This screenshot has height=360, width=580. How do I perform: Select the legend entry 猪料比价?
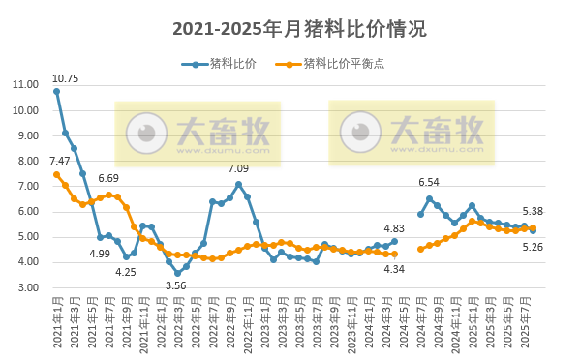(x=225, y=64)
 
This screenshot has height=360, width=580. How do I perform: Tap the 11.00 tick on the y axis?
(x=26, y=84)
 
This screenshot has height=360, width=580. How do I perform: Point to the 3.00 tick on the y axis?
(x=29, y=287)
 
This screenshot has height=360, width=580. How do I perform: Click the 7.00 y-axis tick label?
(x=29, y=186)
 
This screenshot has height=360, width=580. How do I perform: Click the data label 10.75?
(x=65, y=77)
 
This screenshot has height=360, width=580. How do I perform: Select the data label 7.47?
(x=60, y=161)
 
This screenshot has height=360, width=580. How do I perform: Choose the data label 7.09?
(x=238, y=169)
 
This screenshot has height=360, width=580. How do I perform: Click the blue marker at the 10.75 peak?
(x=56, y=91)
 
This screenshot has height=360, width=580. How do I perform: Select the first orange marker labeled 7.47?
(x=56, y=174)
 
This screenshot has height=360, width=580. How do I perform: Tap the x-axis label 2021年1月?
(x=55, y=323)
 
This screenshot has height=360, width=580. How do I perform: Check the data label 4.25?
(x=125, y=272)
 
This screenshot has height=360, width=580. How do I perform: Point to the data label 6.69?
(x=108, y=179)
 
